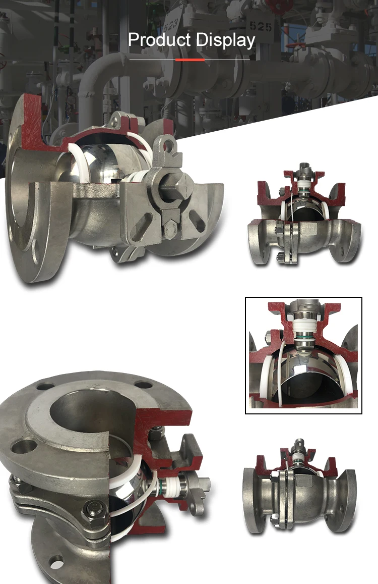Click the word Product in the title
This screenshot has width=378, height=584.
[159, 40]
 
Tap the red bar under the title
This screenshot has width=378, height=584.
[190, 60]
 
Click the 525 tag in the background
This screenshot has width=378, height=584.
[261, 26]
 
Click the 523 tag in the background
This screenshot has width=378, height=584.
[171, 25]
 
